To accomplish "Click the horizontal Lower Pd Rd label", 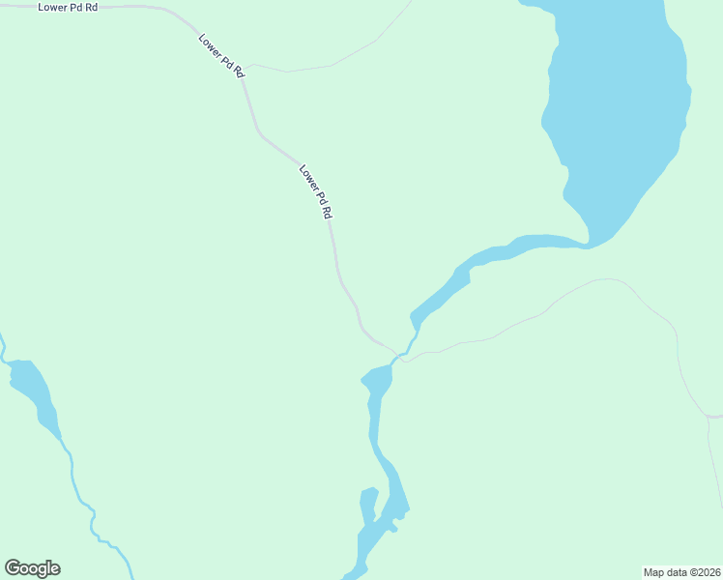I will tap(68, 7).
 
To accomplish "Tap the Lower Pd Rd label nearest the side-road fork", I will tap(221, 57).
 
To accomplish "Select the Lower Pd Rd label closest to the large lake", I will tap(316, 190).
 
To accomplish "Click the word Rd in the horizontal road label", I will tap(91, 7).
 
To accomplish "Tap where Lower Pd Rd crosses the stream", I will tap(396, 355).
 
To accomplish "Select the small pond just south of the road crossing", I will tap(378, 380).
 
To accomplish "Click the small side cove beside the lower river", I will tap(367, 506).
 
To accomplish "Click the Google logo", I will tap(32, 568).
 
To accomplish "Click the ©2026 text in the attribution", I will tap(702, 571).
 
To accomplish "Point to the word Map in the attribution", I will tap(656, 571).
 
